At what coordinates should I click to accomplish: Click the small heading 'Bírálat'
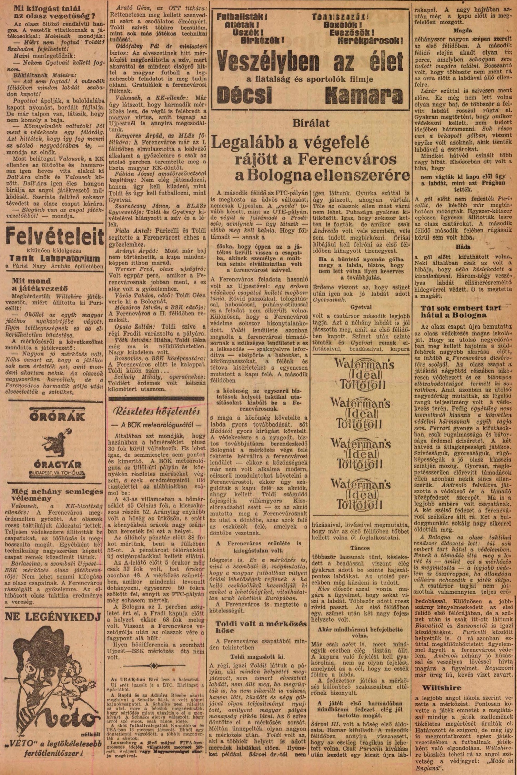click(x=311, y=123)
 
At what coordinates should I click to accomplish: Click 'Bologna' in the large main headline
click(x=277, y=176)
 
